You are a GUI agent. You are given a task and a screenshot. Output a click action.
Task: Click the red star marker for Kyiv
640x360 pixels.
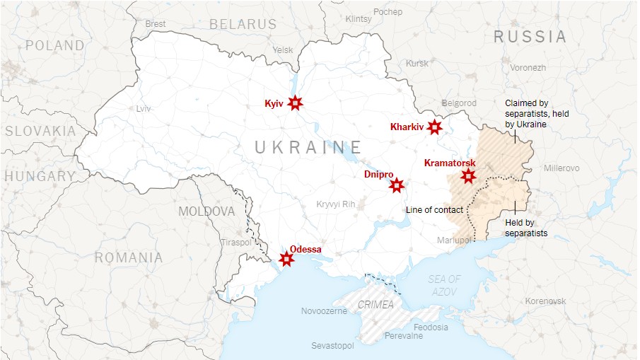click(x=296, y=104)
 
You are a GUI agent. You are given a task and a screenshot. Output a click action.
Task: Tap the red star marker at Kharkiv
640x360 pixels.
click(x=434, y=127)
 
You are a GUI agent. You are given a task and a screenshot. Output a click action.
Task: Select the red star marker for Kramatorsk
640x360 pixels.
click(x=467, y=177)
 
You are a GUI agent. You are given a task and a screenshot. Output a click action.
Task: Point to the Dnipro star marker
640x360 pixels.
click(x=397, y=186)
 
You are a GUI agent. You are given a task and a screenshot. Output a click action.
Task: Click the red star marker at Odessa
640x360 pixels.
click(x=286, y=260)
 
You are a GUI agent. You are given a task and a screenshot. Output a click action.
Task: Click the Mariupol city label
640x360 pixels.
click(x=453, y=240)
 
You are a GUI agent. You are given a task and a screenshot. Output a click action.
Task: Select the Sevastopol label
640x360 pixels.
click(x=332, y=346)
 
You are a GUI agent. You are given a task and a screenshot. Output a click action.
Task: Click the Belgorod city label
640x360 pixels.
click(x=459, y=103)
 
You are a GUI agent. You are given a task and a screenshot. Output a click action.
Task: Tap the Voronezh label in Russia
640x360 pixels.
click(x=528, y=68)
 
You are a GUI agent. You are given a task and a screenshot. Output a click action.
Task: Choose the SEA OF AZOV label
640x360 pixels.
click(x=444, y=285)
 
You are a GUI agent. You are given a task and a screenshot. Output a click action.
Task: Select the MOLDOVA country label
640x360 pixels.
click(x=206, y=211)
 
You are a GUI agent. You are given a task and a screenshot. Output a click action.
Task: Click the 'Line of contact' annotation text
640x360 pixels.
click(x=434, y=210)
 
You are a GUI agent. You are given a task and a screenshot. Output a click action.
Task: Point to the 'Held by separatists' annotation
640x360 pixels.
click(x=526, y=227)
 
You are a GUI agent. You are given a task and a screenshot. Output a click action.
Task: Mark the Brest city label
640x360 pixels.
click(x=155, y=23)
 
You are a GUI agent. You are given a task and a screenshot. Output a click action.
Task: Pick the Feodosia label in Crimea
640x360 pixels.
click(x=431, y=327)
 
